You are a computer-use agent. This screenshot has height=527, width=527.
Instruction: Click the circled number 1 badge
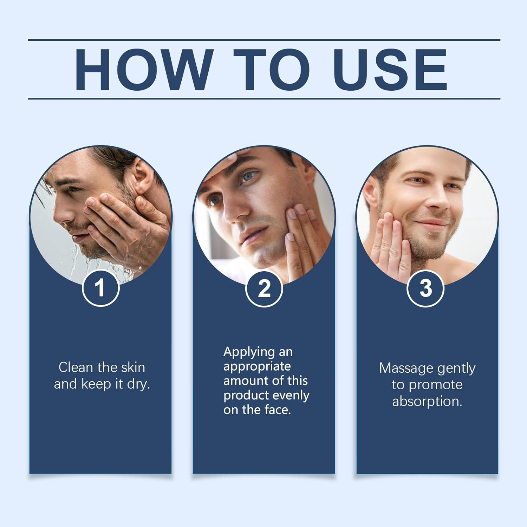point(101,288)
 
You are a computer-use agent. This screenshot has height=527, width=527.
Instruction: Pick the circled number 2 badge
point(264,288)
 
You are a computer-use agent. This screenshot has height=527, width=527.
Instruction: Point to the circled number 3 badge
point(425,288)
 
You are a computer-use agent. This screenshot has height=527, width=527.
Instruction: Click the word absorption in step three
point(427,401)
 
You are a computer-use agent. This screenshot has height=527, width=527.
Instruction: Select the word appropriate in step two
point(257,367)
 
